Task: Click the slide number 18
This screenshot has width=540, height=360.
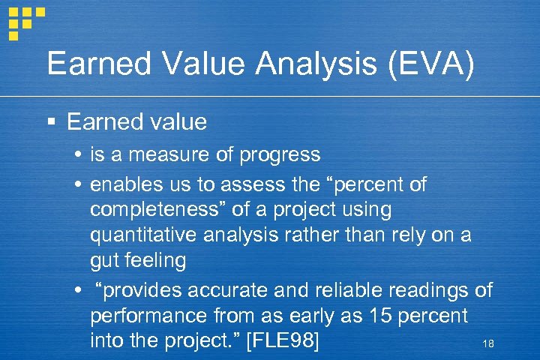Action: [x=488, y=343]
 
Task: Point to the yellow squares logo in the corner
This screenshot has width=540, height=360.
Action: [x=25, y=20]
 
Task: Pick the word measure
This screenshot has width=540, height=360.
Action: [x=172, y=155]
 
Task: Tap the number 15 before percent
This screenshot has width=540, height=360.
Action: [x=376, y=315]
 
